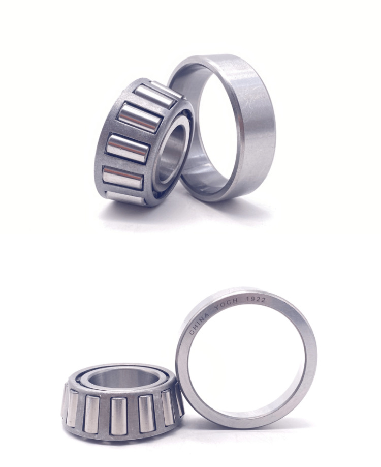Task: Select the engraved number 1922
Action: pyautogui.click(x=256, y=299)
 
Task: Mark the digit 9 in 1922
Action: pyautogui.click(x=253, y=299)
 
